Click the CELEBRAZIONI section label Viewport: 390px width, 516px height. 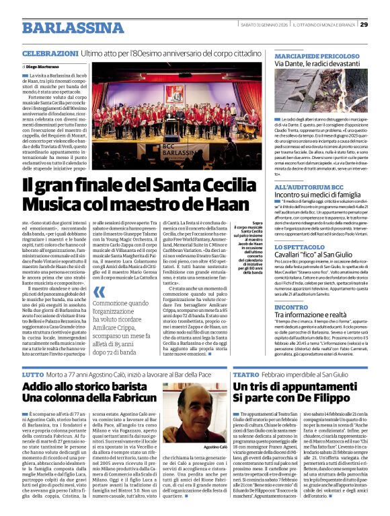click(50, 53)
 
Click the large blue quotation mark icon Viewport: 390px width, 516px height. click(99, 292)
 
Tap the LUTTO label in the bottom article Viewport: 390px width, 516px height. click(32, 373)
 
